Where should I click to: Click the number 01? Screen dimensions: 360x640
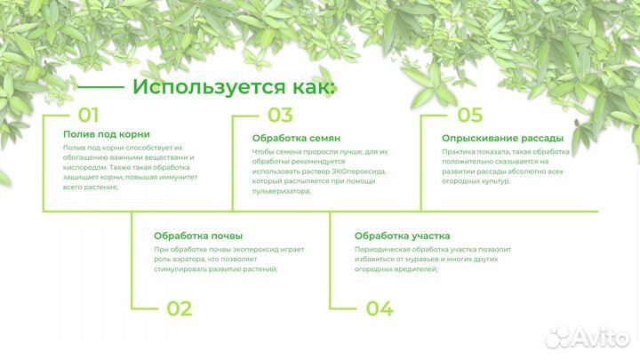click(x=88, y=115)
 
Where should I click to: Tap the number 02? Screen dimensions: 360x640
click(x=179, y=308)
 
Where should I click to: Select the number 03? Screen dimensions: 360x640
click(x=280, y=115)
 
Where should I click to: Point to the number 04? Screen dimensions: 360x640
click(x=380, y=308)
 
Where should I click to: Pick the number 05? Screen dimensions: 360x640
click(x=469, y=115)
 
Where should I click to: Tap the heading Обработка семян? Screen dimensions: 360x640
click(x=297, y=138)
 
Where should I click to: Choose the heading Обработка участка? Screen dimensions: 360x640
click(x=402, y=236)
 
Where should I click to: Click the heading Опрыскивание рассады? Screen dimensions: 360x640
click(x=502, y=138)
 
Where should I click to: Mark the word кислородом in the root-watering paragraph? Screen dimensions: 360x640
click(x=84, y=166)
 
